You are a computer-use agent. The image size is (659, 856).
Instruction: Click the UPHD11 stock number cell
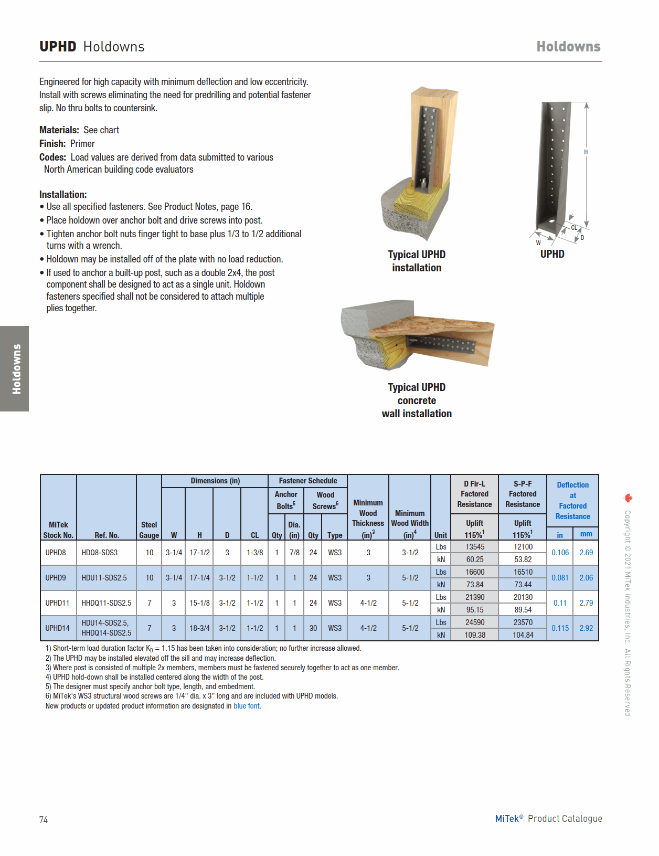tap(58, 603)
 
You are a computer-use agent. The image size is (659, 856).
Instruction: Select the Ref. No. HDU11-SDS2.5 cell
tap(104, 578)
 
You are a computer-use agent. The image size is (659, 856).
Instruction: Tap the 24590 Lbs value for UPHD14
tap(474, 622)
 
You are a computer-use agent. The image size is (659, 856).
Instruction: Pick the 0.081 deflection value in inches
tap(560, 578)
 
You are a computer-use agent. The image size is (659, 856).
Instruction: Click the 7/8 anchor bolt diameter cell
tap(294, 553)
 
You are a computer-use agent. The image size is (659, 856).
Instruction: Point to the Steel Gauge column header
tap(149, 530)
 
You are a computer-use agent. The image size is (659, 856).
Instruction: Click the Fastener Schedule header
tap(307, 481)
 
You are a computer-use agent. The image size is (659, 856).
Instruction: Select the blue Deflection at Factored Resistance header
tap(572, 501)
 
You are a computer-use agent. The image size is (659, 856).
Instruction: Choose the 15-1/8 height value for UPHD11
tap(199, 603)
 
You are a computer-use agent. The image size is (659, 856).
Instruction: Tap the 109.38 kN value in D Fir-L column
tap(474, 635)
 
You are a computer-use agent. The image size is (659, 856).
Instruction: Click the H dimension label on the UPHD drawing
tap(586, 152)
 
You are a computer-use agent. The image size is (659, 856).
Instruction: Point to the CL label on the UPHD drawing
tap(574, 228)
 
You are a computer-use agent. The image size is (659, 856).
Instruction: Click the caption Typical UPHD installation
tap(417, 261)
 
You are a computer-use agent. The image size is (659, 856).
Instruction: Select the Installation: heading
tap(63, 195)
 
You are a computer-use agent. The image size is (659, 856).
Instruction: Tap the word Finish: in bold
tap(52, 144)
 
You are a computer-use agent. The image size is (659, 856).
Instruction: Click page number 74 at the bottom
tap(44, 820)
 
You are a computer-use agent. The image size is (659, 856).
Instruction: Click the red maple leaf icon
tap(628, 498)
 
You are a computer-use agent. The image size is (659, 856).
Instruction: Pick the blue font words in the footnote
tap(247, 706)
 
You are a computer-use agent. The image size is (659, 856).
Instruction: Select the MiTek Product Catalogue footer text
tap(548, 819)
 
